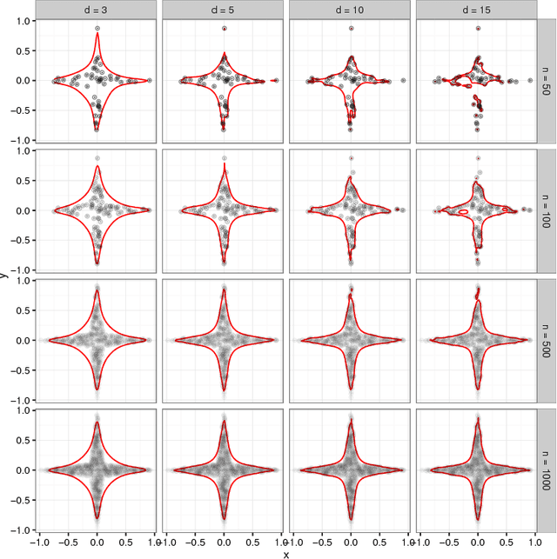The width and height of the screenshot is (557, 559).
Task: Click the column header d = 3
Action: click(x=97, y=10)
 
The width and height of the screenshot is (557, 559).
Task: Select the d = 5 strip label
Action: click(x=224, y=10)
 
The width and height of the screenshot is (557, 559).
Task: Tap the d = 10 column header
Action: click(x=352, y=10)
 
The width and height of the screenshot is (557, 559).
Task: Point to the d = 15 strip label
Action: click(x=479, y=10)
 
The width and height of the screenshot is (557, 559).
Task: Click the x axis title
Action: click(x=286, y=553)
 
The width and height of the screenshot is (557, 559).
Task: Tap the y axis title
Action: click(x=5, y=276)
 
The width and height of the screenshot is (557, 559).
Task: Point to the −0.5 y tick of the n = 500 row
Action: click(x=21, y=370)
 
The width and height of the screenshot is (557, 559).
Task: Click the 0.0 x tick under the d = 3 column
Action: click(x=97, y=540)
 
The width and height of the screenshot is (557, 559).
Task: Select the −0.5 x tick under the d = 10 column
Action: click(x=319, y=540)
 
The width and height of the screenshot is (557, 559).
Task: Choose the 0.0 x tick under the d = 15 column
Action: click(x=479, y=540)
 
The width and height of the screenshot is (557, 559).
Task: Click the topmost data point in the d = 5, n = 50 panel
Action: click(x=224, y=28)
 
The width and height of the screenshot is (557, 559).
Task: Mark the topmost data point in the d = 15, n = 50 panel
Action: click(x=478, y=28)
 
